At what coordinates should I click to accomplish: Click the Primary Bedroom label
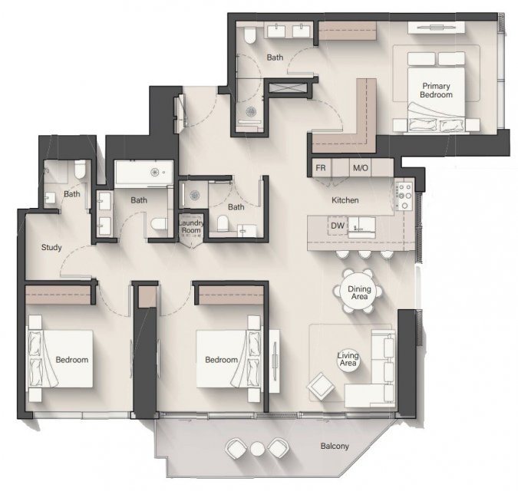tap(436, 90)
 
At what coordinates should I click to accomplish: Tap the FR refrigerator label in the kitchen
tap(321, 168)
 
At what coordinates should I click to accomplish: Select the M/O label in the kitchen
tap(361, 168)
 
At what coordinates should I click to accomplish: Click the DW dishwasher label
tap(338, 226)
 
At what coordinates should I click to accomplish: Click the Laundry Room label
tap(190, 226)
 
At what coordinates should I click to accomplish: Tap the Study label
tap(51, 247)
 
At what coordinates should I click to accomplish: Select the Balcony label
tap(335, 446)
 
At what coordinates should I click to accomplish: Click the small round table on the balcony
tap(257, 448)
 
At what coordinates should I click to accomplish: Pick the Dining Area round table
tap(359, 292)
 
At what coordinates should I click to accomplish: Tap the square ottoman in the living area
tap(321, 387)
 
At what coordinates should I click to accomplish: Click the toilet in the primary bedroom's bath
tap(249, 35)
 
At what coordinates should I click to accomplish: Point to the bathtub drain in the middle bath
tap(154, 172)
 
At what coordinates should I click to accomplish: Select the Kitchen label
tap(345, 200)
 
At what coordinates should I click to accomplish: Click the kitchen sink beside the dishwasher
tap(361, 227)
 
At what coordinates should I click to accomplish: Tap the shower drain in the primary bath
tap(251, 111)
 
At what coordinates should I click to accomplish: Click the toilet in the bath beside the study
tap(80, 170)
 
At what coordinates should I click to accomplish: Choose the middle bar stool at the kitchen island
tap(365, 254)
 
